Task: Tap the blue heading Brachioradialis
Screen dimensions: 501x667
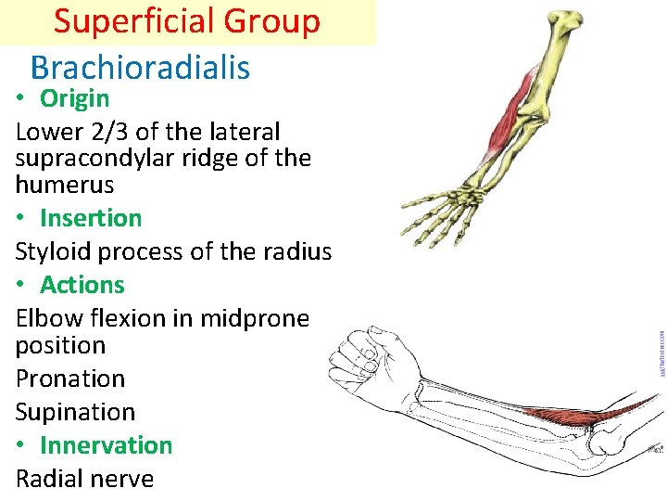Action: (140, 67)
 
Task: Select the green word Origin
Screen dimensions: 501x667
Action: (74, 98)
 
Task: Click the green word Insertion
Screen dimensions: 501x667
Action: (91, 218)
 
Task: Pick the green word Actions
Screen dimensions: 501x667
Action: (82, 285)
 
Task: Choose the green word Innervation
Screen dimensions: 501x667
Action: (106, 445)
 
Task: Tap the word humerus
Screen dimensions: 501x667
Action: (65, 184)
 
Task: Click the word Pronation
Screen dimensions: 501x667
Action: (70, 379)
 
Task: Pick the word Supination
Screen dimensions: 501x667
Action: (75, 412)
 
